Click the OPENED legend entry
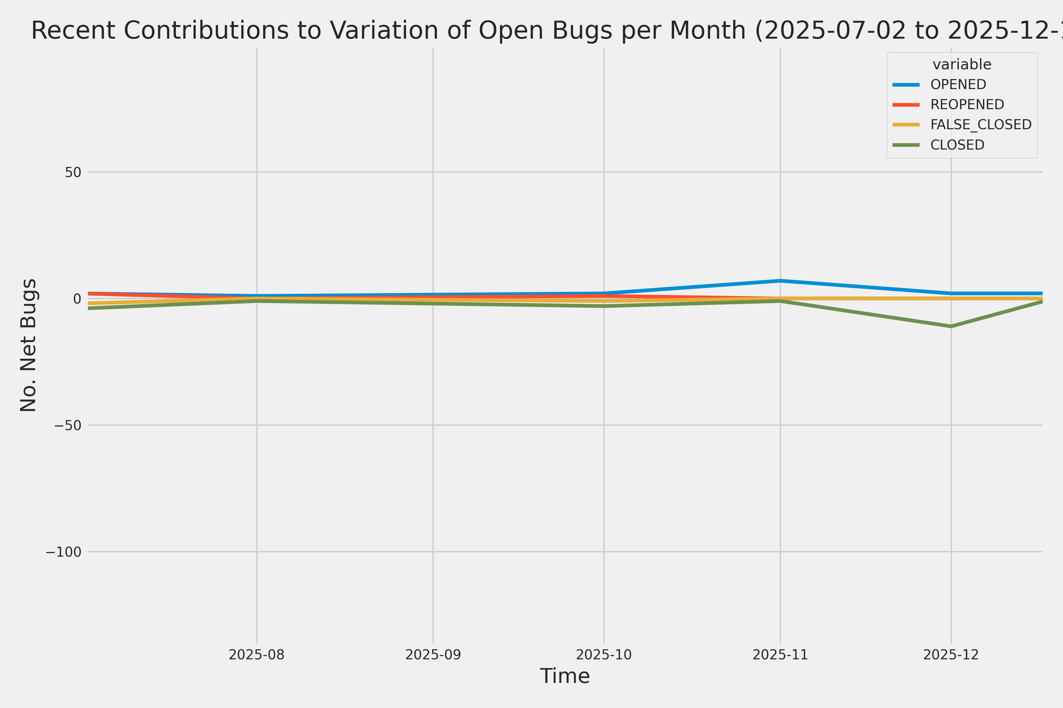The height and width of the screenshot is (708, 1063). coord(958,84)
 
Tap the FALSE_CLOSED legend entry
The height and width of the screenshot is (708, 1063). coord(981,124)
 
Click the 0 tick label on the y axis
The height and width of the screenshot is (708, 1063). coord(77,299)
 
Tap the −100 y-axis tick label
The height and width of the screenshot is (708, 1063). coord(63,552)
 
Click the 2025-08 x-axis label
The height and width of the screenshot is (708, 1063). coord(257,655)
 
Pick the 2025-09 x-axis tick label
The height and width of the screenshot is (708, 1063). coord(433,655)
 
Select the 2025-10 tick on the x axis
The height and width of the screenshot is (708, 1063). coord(604,655)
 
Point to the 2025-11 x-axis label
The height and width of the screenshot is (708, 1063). coord(780,655)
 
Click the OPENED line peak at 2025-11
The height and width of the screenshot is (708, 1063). coord(780,281)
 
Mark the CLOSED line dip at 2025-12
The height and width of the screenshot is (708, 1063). coord(951,326)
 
